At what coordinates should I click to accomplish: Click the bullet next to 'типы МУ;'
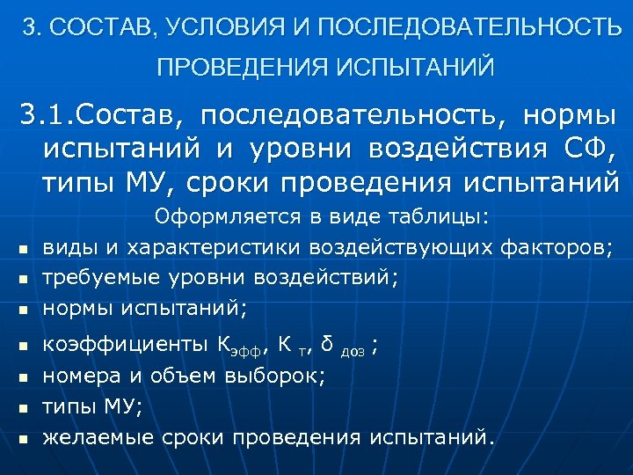click(x=23, y=408)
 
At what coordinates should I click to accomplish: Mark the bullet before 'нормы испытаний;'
click(x=23, y=311)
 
